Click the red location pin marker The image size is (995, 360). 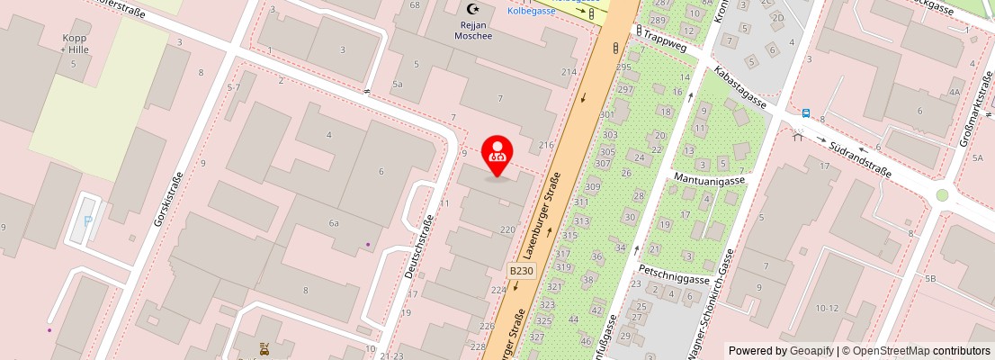click(497, 156)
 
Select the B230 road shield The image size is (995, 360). click(522, 270)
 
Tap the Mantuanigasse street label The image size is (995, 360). click(710, 180)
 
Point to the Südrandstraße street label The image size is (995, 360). click(860, 158)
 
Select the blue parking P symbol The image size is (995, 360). click(87, 221)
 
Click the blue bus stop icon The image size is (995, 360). click(806, 114)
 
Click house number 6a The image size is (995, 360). click(334, 222)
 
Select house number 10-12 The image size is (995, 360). click(827, 308)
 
